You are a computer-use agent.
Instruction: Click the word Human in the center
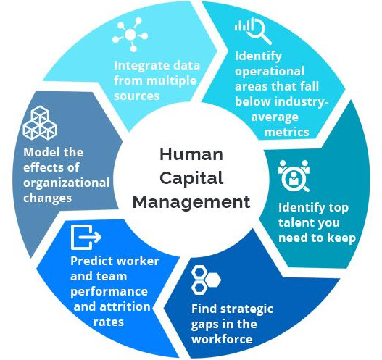[191, 154]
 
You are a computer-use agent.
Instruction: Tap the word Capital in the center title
[191, 178]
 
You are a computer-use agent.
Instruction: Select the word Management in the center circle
[191, 202]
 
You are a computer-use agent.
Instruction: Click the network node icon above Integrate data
[130, 35]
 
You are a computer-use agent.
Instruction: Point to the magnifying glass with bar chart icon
[253, 30]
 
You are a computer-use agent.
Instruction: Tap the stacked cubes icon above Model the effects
[40, 122]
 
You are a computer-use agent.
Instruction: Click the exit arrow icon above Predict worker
[86, 237]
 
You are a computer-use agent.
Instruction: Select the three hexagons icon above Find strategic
[206, 280]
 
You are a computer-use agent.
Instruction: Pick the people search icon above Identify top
[294, 175]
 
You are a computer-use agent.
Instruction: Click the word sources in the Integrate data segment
[136, 96]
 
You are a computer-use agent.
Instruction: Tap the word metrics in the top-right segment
[286, 132]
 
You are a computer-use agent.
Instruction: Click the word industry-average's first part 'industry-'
[303, 102]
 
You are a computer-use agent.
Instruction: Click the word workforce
[222, 339]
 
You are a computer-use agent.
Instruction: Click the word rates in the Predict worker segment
[109, 322]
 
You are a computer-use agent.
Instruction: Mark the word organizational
[67, 183]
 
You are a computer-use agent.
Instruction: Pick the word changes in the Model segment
[48, 198]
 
